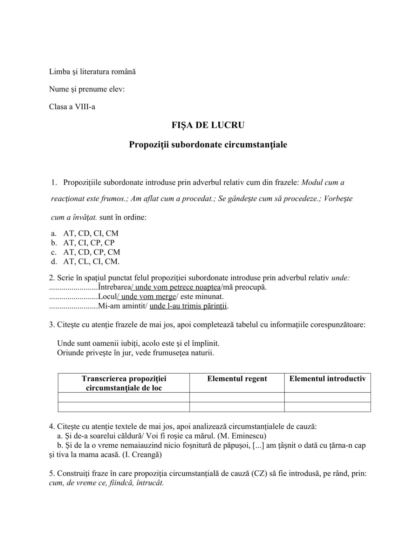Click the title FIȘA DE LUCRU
point(208,125)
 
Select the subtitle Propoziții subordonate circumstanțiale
point(208,144)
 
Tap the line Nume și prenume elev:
point(87,89)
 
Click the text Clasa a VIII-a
point(72,106)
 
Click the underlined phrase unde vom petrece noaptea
point(178,287)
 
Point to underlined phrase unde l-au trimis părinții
point(189,306)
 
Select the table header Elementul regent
point(237,379)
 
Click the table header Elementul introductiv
point(327,379)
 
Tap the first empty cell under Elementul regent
point(237,397)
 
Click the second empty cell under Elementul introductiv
point(327,407)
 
